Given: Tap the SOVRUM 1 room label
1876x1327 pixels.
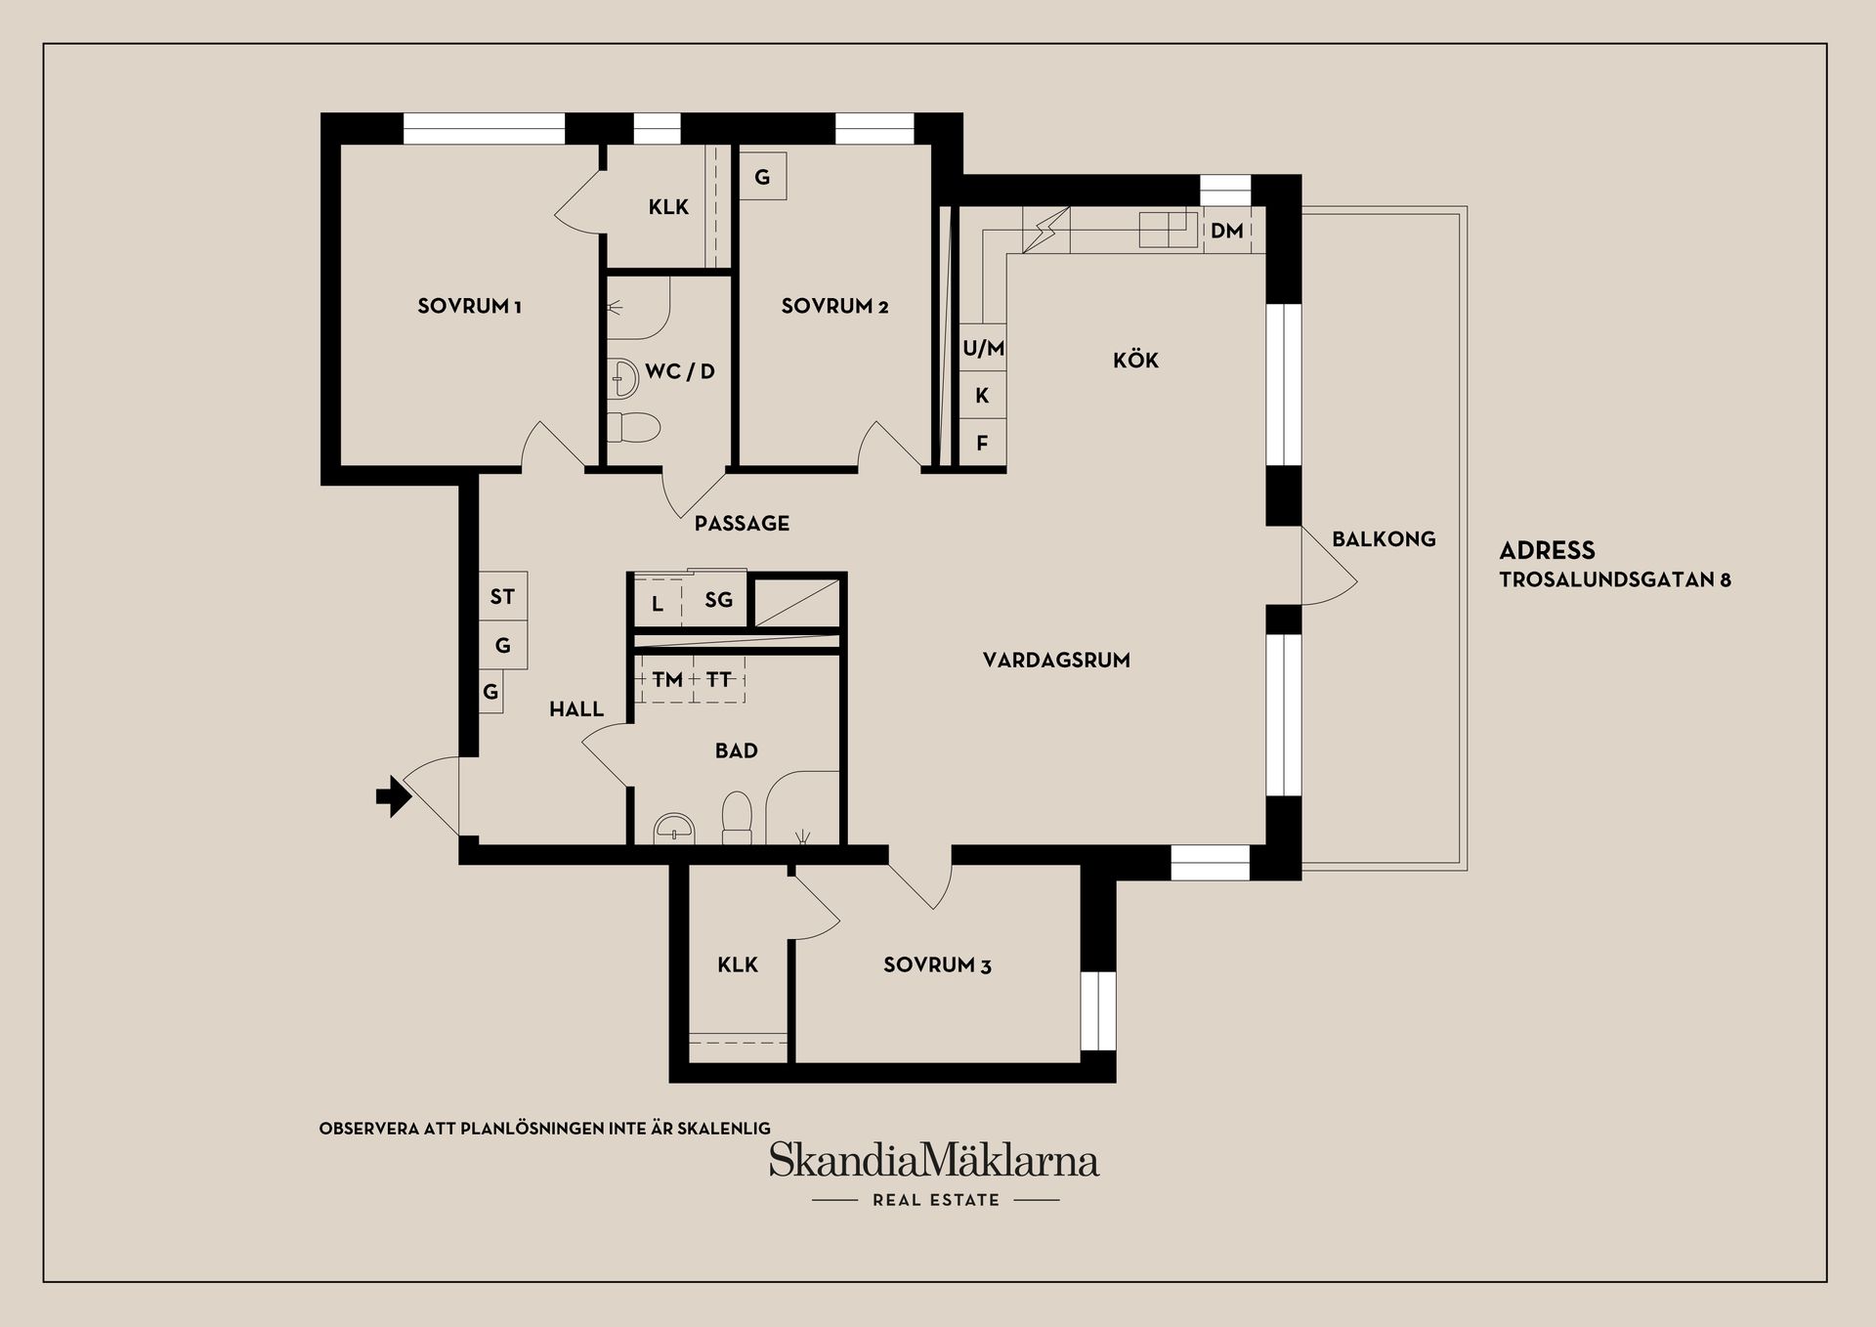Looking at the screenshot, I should (469, 306).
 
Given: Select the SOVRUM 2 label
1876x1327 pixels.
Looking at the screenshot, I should (834, 306).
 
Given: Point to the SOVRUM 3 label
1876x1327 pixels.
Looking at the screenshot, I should (937, 965).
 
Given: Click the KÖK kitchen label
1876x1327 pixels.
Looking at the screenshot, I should (1135, 361).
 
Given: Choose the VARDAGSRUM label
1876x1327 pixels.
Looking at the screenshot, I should (1056, 660).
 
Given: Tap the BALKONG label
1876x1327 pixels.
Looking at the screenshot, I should (1384, 538).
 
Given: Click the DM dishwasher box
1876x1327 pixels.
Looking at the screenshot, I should (1227, 231).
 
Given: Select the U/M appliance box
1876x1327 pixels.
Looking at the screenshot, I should (983, 348).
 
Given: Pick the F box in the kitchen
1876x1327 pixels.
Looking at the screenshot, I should (982, 443).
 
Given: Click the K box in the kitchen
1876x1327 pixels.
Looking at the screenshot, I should (982, 396).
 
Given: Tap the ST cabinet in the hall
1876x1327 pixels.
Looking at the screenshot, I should (502, 596).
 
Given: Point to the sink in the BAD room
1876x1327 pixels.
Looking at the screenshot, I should (673, 828).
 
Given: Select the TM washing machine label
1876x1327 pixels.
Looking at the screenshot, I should (667, 679).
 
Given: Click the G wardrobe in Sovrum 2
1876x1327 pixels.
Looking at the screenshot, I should (762, 177).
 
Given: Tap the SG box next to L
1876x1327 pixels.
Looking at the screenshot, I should (718, 600).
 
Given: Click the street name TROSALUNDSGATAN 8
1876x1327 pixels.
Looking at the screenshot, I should (1615, 579).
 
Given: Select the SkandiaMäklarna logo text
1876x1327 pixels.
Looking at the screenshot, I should (934, 1161).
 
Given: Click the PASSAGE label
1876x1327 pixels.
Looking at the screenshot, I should (742, 523).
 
